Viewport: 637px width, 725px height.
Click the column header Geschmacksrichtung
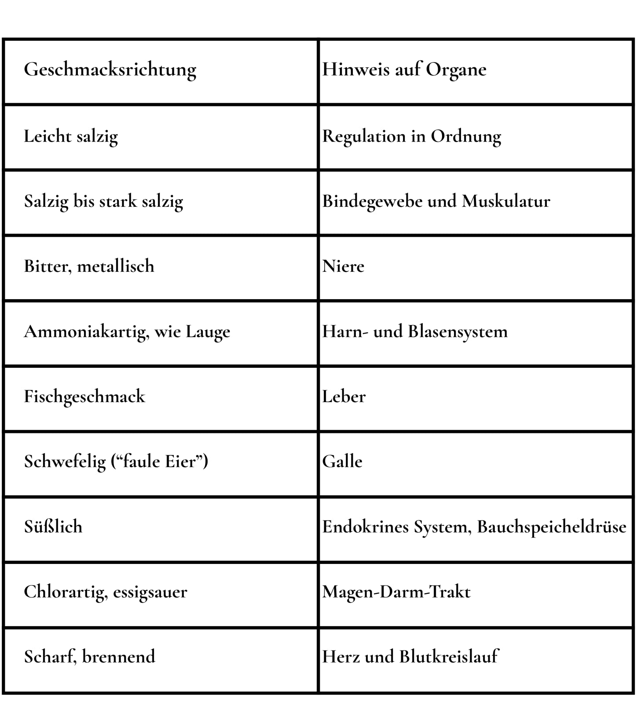[110, 70]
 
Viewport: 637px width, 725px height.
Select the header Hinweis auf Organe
[404, 70]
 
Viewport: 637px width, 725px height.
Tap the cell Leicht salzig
[71, 136]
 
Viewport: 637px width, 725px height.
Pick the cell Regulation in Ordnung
[411, 136]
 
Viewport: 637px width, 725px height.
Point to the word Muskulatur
[506, 201]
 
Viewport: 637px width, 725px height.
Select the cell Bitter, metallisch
[89, 267]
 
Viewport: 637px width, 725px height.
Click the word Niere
[343, 267]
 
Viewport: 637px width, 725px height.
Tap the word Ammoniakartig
[86, 332]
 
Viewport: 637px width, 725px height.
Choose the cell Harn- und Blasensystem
[415, 332]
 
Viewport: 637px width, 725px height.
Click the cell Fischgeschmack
[84, 397]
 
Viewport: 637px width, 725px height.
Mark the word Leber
[344, 397]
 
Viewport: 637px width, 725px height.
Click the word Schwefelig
[65, 462]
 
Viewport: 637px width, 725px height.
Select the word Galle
[342, 462]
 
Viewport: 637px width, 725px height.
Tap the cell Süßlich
[53, 527]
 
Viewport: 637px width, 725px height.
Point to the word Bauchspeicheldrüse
[552, 527]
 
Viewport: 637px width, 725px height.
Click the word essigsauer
[150, 592]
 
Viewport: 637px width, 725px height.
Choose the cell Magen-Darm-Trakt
[396, 592]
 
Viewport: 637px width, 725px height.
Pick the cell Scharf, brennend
[90, 657]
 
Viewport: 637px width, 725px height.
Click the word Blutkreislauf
[449, 657]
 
